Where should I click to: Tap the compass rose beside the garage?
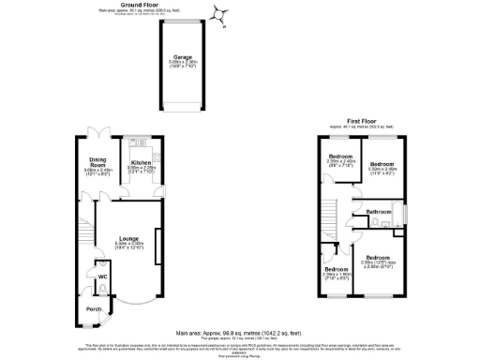click(x=222, y=13)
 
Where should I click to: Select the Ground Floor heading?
click(x=178, y=4)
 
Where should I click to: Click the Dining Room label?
click(x=97, y=160)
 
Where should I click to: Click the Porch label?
click(x=93, y=308)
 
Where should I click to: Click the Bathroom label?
click(x=379, y=213)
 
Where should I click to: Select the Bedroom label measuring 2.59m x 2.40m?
click(x=339, y=156)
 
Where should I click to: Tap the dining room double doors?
click(x=97, y=132)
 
